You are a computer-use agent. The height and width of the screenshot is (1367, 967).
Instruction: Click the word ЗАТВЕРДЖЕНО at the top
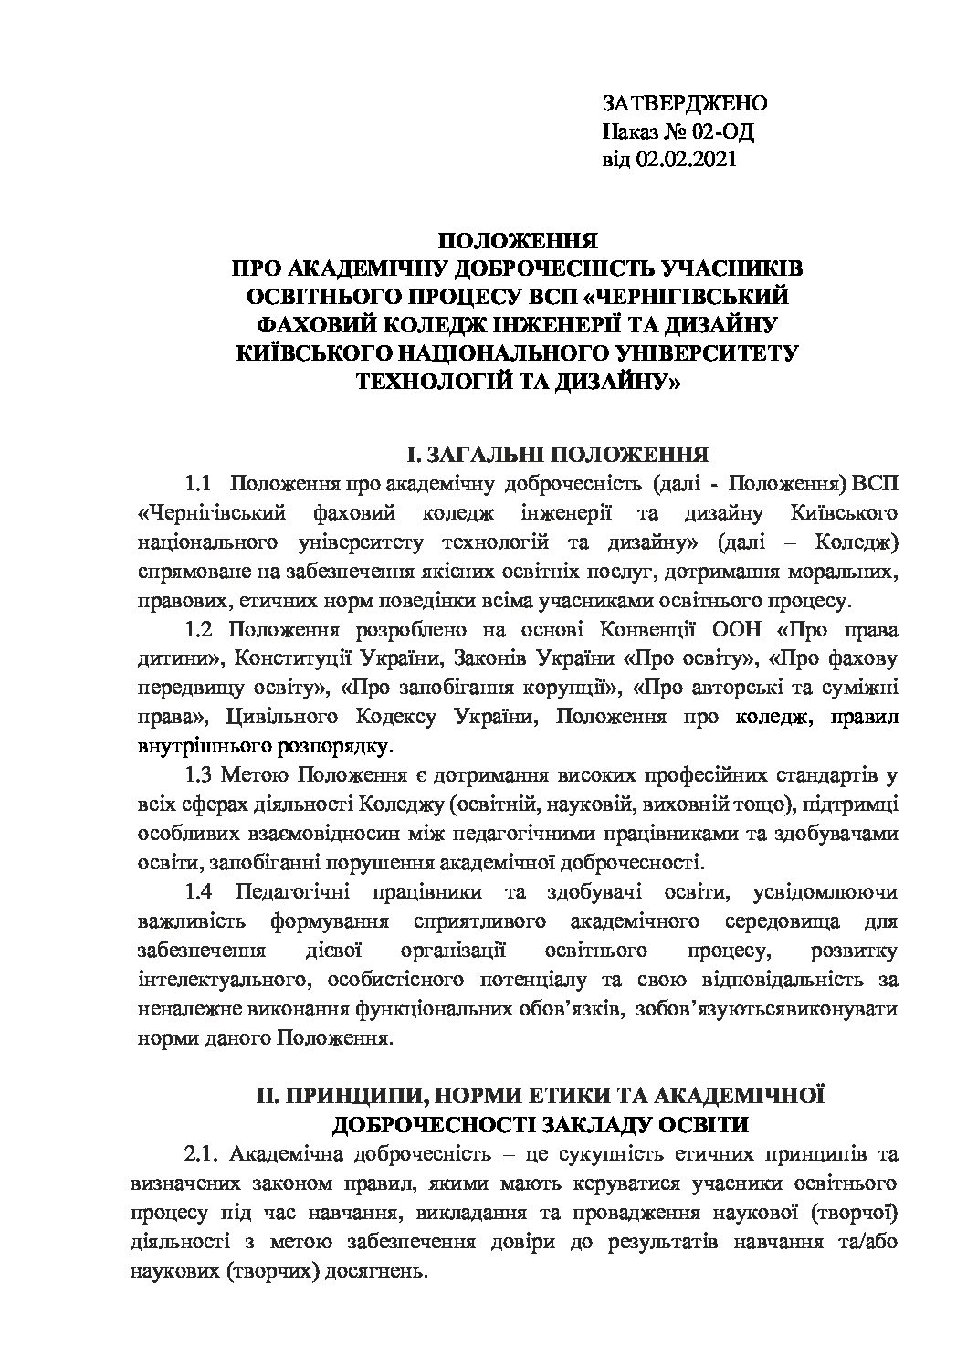[684, 102]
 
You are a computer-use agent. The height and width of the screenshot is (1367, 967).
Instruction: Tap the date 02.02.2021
[688, 160]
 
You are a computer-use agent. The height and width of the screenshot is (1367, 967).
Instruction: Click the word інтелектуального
[220, 981]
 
